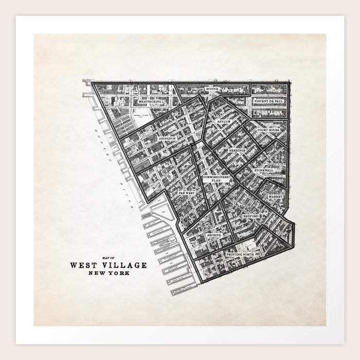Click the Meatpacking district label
coord(151,102)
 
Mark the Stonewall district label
coord(266,169)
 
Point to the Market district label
coord(276,197)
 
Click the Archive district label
coord(213,235)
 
